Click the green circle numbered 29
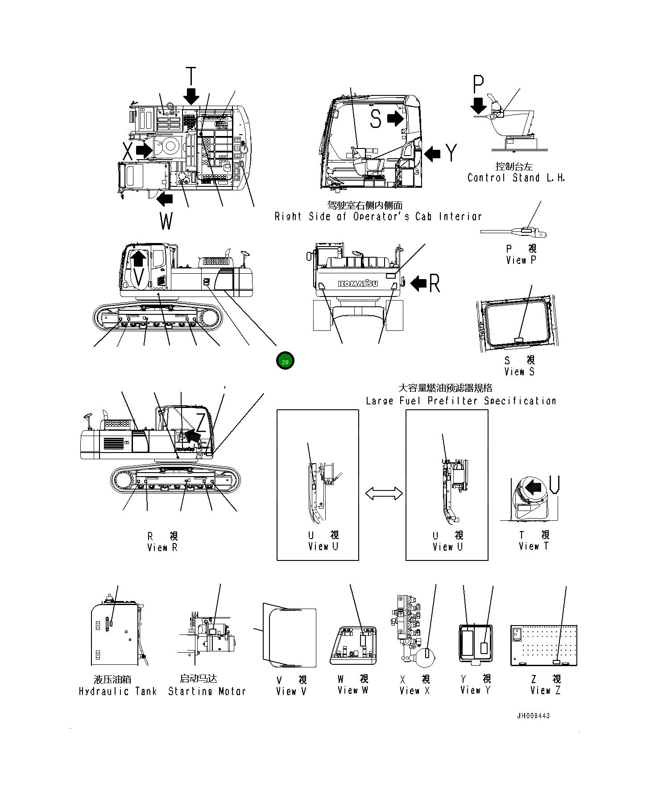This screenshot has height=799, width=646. point(285,361)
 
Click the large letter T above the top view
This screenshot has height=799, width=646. point(191,76)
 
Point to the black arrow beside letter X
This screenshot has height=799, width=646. point(144,150)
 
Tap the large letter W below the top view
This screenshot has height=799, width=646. point(166,221)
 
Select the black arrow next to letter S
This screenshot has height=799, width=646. point(394,119)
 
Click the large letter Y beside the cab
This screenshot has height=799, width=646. point(452,153)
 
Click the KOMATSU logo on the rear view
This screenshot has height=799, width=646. point(357,284)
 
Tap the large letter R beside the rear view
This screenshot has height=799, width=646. point(435,284)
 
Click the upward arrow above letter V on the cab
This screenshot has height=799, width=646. point(139,258)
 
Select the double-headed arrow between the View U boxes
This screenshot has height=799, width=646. point(384,494)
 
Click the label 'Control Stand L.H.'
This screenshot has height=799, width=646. point(516,177)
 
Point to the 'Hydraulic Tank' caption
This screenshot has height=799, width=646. point(118,691)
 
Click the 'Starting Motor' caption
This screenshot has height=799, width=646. point(207,691)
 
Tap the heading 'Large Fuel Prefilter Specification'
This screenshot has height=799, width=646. point(461,401)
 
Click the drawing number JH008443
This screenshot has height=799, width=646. point(533,716)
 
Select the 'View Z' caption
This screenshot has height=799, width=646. point(545,691)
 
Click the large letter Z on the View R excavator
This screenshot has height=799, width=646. point(202,422)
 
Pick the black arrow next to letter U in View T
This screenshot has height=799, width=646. point(533,486)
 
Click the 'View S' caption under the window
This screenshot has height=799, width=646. point(519,371)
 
